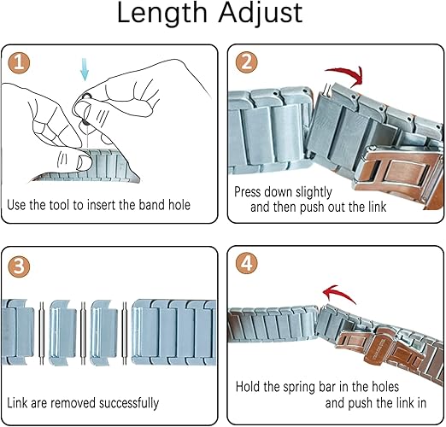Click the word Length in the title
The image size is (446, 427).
coord(162,14)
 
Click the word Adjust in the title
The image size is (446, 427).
coord(261,14)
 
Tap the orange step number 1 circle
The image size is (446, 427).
coord(19,62)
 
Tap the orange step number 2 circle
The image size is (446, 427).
coord(246,62)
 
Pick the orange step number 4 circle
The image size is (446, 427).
coord(246,263)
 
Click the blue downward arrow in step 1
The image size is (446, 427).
coord(85,69)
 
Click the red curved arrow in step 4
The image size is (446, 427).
coord(339,293)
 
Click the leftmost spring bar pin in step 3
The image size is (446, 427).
coord(42,333)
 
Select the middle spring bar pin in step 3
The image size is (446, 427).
coord(83,333)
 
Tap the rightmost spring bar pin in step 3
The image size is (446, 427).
coord(124,333)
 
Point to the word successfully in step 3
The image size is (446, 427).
coord(129,403)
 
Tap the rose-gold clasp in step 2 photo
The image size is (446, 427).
coord(399,173)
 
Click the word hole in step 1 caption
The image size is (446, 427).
coord(179,205)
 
